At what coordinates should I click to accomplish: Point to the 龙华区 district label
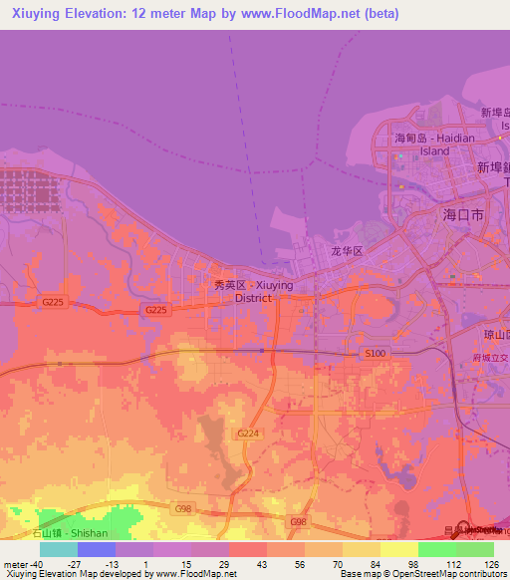pyautogui.click(x=349, y=253)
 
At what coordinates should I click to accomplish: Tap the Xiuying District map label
pyautogui.click(x=255, y=291)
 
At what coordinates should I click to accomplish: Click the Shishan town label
pyautogui.click(x=71, y=533)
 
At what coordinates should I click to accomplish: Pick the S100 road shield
pyautogui.click(x=376, y=354)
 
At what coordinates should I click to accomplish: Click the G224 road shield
pyautogui.click(x=248, y=434)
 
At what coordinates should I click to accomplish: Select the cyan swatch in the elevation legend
pyautogui.click(x=59, y=549)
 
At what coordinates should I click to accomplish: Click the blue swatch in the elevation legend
pyautogui.click(x=97, y=549)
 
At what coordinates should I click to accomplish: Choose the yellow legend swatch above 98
pyautogui.click(x=398, y=549)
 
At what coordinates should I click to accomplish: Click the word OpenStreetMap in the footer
pyautogui.click(x=418, y=574)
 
